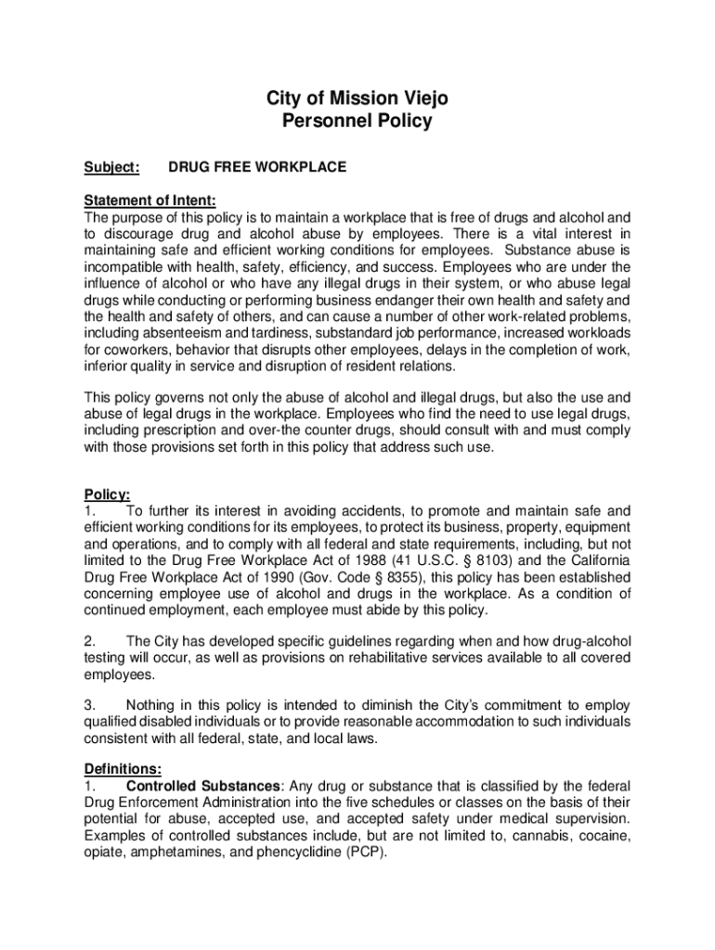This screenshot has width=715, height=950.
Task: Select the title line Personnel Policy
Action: (357, 122)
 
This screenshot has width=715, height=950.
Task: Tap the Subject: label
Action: (111, 167)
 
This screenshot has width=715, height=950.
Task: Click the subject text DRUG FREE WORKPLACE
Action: (257, 167)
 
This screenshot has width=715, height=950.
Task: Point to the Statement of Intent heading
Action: (149, 200)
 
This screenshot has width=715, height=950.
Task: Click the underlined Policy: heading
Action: (107, 494)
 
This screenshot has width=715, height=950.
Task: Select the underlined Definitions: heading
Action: (123, 768)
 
